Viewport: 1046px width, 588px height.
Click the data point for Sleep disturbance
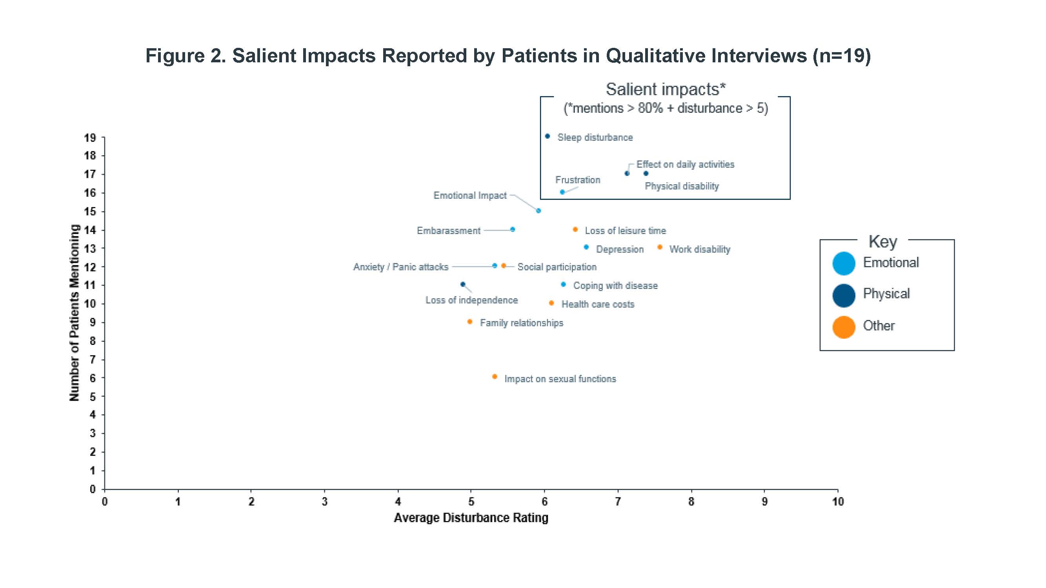coord(548,136)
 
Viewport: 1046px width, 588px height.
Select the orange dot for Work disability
coord(660,247)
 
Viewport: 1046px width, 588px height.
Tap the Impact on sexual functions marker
coord(495,377)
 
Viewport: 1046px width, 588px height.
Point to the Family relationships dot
coord(470,322)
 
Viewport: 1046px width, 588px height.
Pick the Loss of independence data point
coord(463,285)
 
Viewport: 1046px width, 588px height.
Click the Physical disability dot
coord(646,174)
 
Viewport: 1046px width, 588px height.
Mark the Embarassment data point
coord(513,230)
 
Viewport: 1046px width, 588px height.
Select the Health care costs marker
coord(551,303)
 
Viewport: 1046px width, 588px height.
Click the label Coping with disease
coord(615,286)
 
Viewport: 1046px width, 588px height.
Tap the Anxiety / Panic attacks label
coord(401,267)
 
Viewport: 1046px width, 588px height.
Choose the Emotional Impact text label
coord(470,196)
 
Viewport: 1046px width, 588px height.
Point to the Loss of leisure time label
coord(625,230)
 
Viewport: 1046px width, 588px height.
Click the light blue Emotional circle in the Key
coord(844,263)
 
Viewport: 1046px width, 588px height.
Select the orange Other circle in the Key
coord(844,327)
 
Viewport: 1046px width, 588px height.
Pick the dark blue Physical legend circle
coord(844,295)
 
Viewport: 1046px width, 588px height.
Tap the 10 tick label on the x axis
coord(838,502)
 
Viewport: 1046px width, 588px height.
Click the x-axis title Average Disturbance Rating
coord(471,518)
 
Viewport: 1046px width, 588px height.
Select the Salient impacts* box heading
coord(666,89)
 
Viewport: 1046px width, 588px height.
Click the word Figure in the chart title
coord(175,56)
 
